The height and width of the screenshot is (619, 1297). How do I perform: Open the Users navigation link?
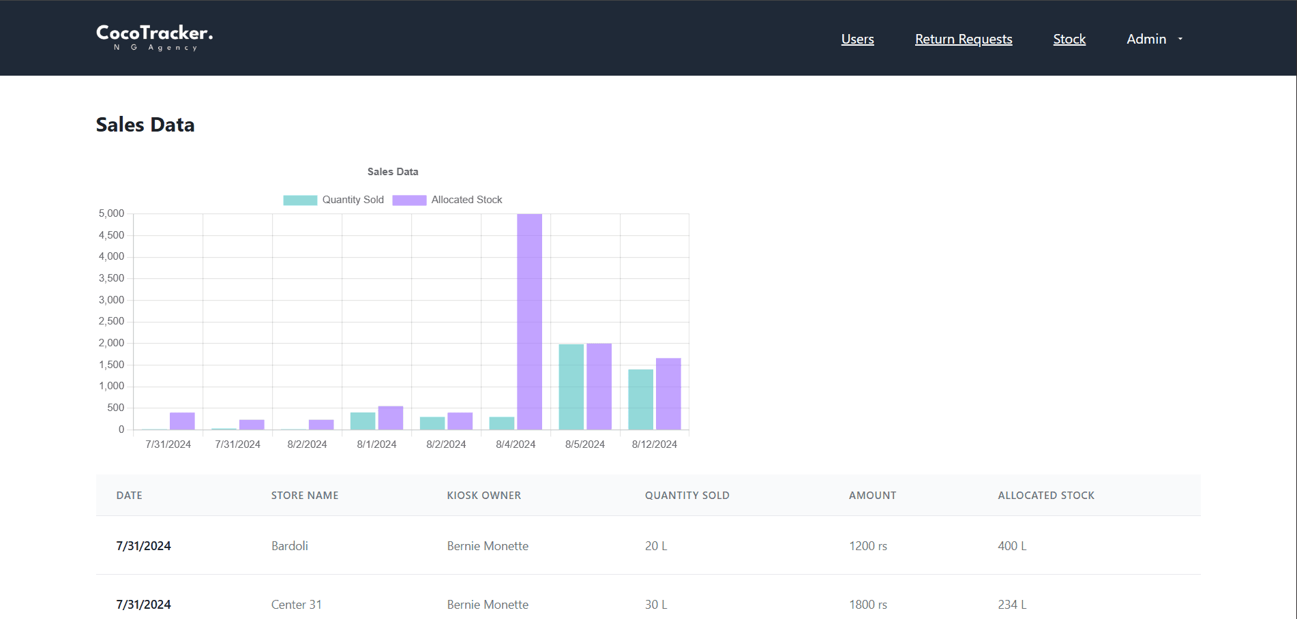(x=857, y=39)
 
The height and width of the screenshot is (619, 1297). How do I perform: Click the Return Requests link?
(x=963, y=39)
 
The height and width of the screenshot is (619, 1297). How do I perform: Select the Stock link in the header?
(x=1069, y=39)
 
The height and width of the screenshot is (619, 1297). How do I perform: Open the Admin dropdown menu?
(x=1154, y=39)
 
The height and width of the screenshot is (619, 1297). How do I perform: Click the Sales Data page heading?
(x=145, y=125)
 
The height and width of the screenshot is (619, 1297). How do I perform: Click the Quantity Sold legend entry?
(x=334, y=200)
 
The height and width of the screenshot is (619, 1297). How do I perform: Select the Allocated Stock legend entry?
(x=447, y=200)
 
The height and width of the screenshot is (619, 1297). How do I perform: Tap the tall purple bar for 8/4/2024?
(x=529, y=320)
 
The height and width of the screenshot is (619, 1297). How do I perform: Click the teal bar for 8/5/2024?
(x=571, y=387)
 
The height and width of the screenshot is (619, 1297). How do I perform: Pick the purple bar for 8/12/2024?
(x=668, y=393)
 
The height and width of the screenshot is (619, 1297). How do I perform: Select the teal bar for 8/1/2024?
(x=363, y=421)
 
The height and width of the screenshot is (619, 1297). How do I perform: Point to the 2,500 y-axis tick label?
(x=111, y=321)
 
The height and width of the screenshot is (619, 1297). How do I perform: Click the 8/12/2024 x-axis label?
(x=654, y=444)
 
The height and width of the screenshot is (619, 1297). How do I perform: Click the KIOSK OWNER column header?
(x=483, y=496)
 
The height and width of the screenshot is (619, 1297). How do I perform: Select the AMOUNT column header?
(x=872, y=496)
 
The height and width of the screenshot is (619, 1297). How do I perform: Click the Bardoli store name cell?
(x=290, y=546)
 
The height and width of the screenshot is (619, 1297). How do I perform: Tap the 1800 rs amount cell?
(x=867, y=605)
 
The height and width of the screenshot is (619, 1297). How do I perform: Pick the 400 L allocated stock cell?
(x=1012, y=546)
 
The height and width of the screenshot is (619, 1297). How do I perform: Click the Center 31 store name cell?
(x=296, y=605)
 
